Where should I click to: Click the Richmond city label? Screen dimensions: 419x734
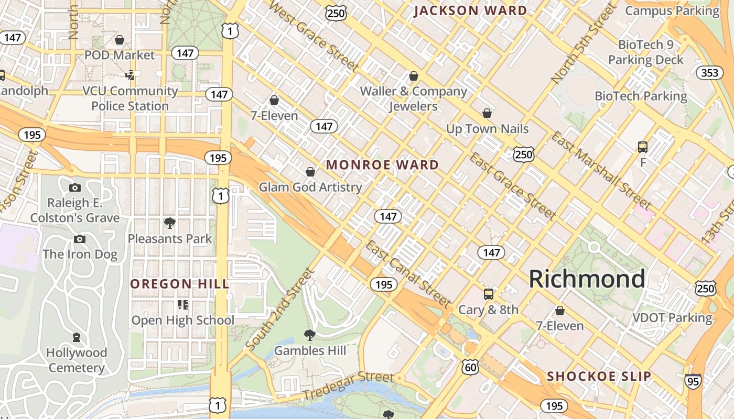[x=587, y=279]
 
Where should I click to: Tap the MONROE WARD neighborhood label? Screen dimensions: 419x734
[x=382, y=165]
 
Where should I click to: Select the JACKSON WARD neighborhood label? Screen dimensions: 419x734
[x=470, y=10]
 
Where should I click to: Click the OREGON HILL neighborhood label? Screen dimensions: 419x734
[x=180, y=284]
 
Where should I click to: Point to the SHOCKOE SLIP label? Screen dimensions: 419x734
[x=599, y=376]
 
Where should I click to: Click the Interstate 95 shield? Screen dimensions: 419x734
[x=693, y=381]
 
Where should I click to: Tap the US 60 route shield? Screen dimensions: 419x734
[x=470, y=367]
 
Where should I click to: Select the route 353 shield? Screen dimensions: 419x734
[x=710, y=73]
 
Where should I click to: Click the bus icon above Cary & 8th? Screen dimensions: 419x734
[x=488, y=294]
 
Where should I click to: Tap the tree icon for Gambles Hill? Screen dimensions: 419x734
[x=310, y=335]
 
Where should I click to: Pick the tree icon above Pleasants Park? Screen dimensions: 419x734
[x=169, y=223]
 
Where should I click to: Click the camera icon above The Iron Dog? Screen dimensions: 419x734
[x=80, y=239]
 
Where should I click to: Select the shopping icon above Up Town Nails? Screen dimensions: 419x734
[x=487, y=113]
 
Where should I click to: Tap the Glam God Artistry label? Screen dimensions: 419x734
[x=310, y=187]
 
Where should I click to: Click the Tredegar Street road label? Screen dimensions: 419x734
[x=348, y=385]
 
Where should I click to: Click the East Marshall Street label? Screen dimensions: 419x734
[x=601, y=171]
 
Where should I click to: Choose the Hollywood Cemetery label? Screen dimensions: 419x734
[x=77, y=360]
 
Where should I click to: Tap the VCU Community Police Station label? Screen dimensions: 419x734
[x=130, y=98]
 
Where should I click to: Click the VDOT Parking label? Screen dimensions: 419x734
[x=672, y=318]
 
